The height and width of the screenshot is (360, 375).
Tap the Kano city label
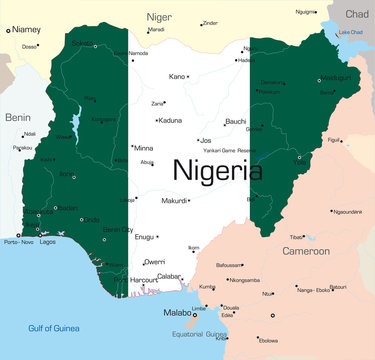pyautogui.click(x=177, y=76)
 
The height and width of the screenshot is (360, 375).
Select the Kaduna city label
pyautogui.click(x=171, y=120)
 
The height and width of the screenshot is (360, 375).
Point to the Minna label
pyautogui.click(x=144, y=147)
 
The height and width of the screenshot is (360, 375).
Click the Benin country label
pyautogui.click(x=17, y=116)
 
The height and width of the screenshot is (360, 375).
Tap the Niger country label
pyautogui.click(x=159, y=17)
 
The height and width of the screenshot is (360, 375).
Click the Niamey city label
pyautogui.click(x=27, y=30)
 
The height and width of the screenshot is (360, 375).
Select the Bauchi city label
pyautogui.click(x=235, y=120)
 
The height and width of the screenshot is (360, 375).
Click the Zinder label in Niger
pyautogui.click(x=210, y=22)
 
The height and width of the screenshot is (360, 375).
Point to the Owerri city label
pyautogui.click(x=154, y=261)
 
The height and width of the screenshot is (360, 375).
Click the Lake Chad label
pyautogui.click(x=350, y=32)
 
